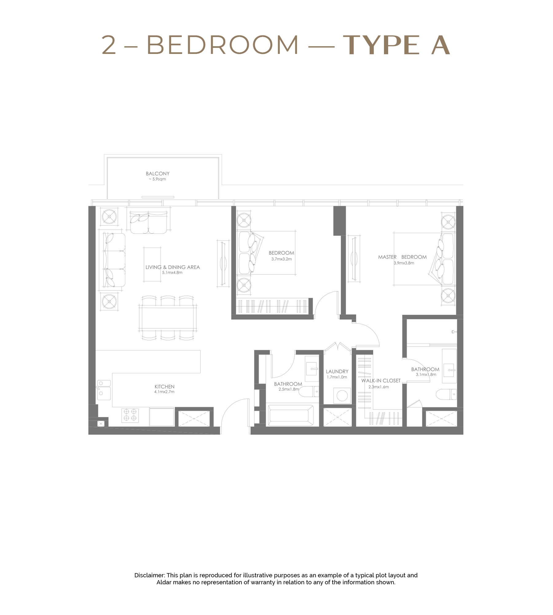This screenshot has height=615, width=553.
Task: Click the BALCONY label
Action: click(158, 174)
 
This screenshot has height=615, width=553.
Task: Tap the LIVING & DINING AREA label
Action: click(173, 267)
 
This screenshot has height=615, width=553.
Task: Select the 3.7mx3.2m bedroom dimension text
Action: click(281, 259)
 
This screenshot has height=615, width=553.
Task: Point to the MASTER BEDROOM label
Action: click(402, 257)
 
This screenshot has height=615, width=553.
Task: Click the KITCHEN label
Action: click(164, 387)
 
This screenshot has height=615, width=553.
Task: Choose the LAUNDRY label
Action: click(337, 371)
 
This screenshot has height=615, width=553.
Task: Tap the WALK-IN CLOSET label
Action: click(381, 381)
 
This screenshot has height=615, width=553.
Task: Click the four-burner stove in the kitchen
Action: click(130, 416)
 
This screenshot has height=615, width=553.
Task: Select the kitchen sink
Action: click(104, 390)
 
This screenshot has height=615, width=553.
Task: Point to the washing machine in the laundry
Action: click(342, 396)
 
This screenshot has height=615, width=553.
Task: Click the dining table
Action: click(168, 318)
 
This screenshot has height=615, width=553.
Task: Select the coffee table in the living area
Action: click(152, 264)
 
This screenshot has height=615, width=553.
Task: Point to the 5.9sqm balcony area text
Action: click(157, 179)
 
